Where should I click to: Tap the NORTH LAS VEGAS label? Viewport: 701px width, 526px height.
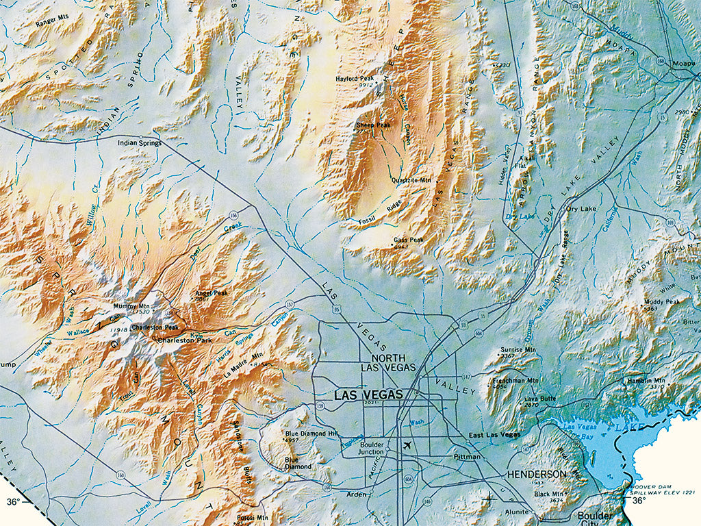pyautogui.click(x=388, y=363)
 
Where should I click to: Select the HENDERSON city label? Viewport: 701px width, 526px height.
pyautogui.click(x=537, y=474)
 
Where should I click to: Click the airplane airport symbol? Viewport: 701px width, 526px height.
pyautogui.click(x=409, y=445)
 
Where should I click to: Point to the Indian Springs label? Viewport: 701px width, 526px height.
pyautogui.click(x=140, y=143)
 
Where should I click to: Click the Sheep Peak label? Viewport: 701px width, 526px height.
pyautogui.click(x=373, y=125)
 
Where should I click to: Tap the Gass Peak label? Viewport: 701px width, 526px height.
pyautogui.click(x=409, y=240)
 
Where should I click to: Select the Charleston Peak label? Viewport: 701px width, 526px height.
pyautogui.click(x=155, y=328)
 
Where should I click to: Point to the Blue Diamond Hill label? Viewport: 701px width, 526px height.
pyautogui.click(x=311, y=434)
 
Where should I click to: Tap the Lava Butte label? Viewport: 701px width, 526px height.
pyautogui.click(x=539, y=398)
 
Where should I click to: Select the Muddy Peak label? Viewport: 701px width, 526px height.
pyautogui.click(x=661, y=301)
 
